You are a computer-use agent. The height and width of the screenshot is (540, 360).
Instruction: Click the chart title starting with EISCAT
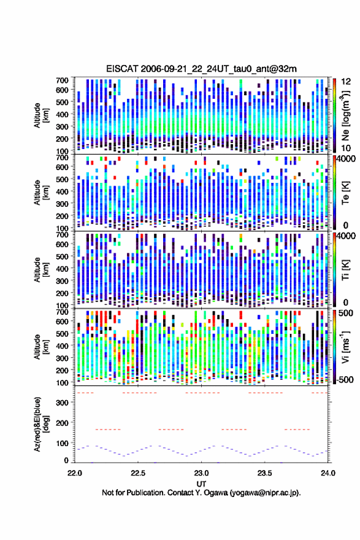click(201, 69)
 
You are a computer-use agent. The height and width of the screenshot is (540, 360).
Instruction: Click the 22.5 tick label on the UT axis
click(138, 473)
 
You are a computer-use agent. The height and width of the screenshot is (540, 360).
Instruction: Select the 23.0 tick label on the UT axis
click(201, 473)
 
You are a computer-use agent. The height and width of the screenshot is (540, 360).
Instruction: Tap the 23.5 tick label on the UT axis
click(265, 473)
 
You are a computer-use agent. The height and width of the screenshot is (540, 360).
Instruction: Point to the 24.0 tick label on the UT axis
click(328, 473)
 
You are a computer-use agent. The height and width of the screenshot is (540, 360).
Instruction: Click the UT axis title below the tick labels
click(201, 484)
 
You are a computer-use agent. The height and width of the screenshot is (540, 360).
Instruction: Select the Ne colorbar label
click(345, 115)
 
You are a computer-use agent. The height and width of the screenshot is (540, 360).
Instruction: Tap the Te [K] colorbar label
click(345, 192)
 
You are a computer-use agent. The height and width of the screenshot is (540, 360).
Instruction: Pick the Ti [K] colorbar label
click(345, 269)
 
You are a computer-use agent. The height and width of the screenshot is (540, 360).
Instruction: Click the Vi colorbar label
click(345, 347)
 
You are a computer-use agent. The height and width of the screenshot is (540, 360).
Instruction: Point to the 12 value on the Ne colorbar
click(346, 82)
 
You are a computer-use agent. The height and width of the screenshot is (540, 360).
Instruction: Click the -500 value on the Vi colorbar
click(344, 379)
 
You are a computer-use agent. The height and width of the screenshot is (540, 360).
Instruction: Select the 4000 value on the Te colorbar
click(346, 159)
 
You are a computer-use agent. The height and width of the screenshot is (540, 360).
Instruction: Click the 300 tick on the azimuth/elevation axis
click(63, 403)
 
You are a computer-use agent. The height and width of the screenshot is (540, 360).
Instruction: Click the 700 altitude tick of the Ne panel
click(63, 80)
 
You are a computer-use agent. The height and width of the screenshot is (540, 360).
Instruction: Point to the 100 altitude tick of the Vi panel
click(63, 383)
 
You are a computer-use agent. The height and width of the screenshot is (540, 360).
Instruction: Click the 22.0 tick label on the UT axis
click(75, 473)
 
